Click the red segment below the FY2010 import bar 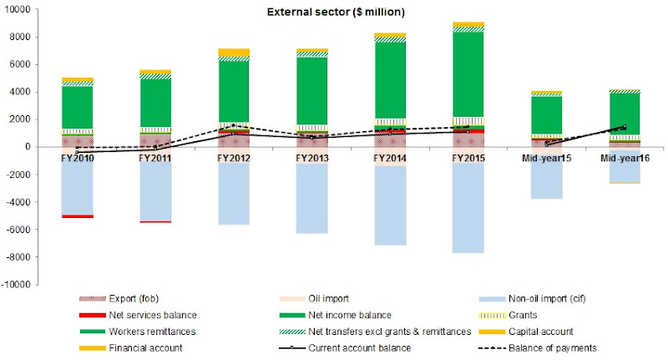coord(77,216)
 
